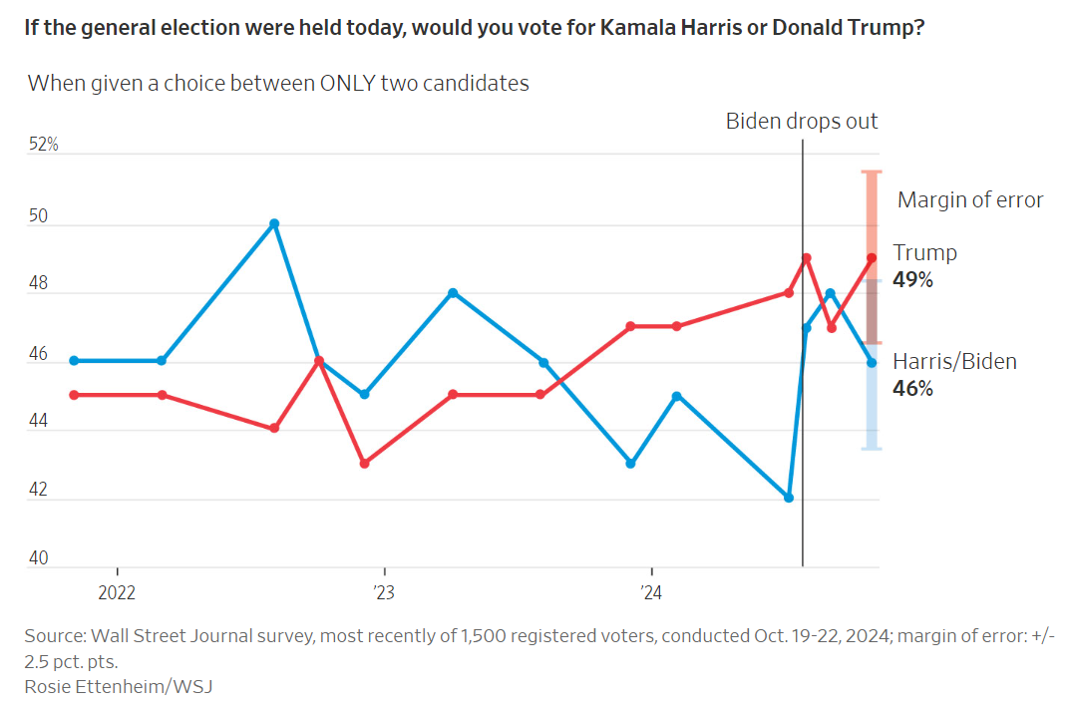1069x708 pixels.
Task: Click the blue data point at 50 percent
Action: (274, 223)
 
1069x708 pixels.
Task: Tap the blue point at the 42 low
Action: (789, 498)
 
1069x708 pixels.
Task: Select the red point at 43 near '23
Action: (365, 464)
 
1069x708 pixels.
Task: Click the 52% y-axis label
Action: (44, 145)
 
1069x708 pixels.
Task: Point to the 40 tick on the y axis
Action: (39, 559)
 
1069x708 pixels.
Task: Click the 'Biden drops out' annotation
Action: (802, 122)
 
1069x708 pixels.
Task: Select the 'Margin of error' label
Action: (970, 200)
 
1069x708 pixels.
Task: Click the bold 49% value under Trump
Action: (912, 280)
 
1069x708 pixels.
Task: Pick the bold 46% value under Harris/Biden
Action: (912, 389)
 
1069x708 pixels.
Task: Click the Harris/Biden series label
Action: (954, 361)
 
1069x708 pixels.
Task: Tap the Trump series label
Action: (924, 252)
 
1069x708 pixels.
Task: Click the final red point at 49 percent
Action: (873, 258)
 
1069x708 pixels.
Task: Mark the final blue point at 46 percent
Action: (873, 363)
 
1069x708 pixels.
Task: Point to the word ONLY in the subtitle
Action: (348, 83)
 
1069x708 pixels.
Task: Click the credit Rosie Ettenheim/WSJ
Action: (119, 686)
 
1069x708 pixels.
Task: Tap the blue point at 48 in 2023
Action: (453, 293)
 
